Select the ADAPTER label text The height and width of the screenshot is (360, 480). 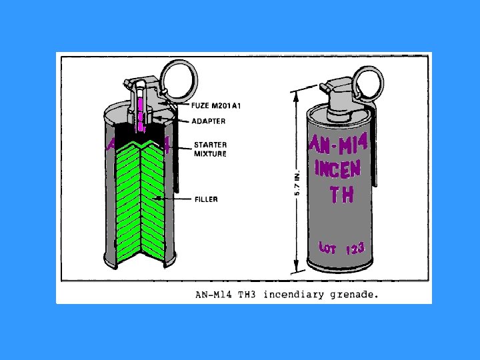pos(209,121)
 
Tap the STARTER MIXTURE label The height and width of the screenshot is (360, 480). pos(210,149)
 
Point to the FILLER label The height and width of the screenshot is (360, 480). pos(207,199)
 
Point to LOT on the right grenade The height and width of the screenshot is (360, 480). pos(327,247)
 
